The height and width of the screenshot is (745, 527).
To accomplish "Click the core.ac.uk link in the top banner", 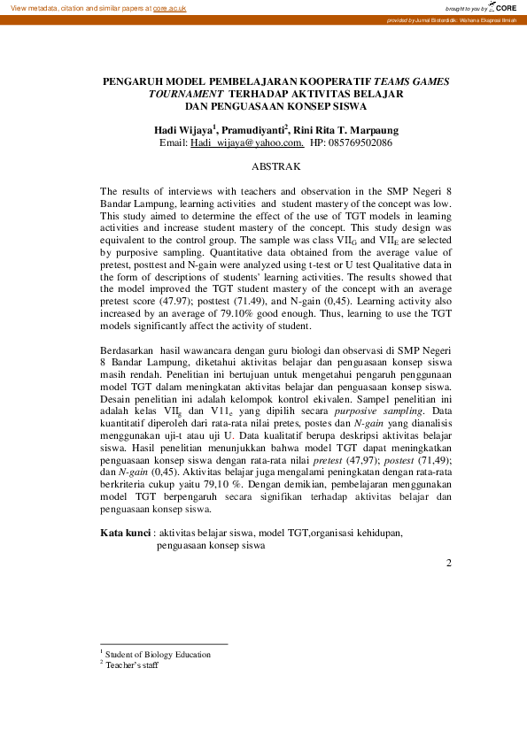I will [x=169, y=7].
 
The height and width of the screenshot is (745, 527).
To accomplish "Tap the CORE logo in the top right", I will [x=505, y=7].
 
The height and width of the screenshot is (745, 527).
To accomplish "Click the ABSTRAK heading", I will [x=276, y=166].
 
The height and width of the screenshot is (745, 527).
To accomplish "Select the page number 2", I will [x=449, y=563].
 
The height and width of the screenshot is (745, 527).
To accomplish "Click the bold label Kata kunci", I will [x=125, y=533].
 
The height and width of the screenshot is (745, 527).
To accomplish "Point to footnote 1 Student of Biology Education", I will [x=158, y=654].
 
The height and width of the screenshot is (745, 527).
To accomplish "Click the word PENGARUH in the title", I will [x=136, y=81].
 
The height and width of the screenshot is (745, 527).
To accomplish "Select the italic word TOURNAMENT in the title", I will [x=187, y=93].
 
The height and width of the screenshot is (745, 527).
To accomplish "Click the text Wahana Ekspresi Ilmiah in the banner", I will [x=492, y=19].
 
